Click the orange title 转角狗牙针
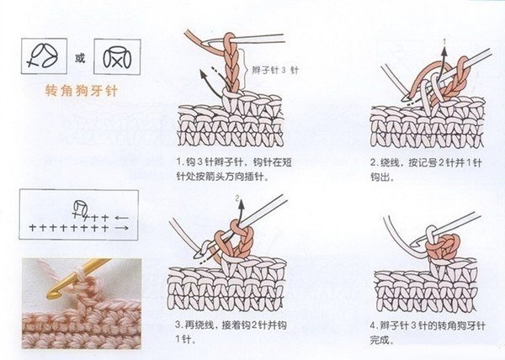(x=81, y=90)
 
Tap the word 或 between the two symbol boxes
(x=80, y=58)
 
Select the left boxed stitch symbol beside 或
(x=44, y=56)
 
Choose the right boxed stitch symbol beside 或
(x=117, y=57)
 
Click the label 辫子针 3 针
(x=275, y=70)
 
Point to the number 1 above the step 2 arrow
(x=444, y=41)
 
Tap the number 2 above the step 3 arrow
(x=238, y=199)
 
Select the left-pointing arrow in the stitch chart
(x=122, y=218)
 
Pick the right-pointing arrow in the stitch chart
(x=122, y=228)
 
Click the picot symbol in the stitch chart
(x=80, y=209)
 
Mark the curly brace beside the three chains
(x=246, y=68)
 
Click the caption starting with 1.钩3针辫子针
(x=234, y=169)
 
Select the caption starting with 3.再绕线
(x=231, y=331)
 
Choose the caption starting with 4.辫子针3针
(x=428, y=332)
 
